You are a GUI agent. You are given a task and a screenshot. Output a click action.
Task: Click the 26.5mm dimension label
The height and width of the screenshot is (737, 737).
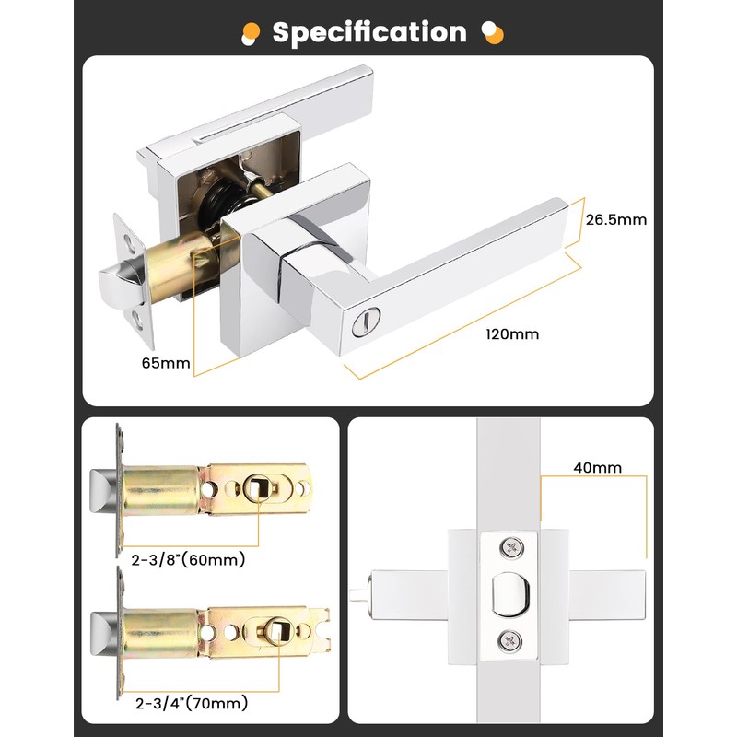pyautogui.click(x=616, y=219)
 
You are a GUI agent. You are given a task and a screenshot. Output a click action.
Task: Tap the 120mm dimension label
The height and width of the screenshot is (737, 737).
pyautogui.click(x=512, y=333)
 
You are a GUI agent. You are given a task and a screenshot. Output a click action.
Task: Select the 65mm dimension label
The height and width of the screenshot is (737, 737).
pyautogui.click(x=166, y=363)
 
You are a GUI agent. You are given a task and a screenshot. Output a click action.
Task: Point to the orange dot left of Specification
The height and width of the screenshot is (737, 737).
pyautogui.click(x=248, y=34)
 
